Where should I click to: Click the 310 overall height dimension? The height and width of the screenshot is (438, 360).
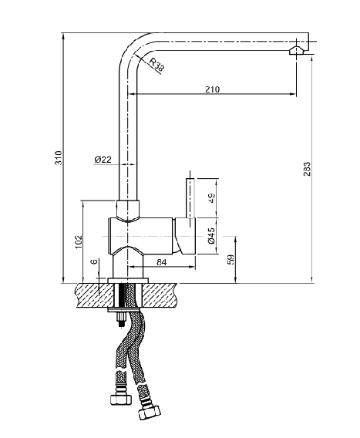coord(59,158)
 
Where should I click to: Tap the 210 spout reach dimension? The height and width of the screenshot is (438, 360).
coord(213,89)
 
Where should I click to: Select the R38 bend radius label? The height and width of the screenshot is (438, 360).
coord(156,65)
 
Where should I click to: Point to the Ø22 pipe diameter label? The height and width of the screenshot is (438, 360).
coord(103,160)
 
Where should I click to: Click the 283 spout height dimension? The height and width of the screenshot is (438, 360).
coord(307,169)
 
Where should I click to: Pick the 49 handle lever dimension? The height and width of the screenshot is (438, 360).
coord(212,197)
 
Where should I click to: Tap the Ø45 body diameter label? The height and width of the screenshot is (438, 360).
coord(212,236)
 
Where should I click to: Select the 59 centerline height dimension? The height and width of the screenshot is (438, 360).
coord(230,259)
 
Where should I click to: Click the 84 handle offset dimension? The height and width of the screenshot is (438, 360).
coord(162,262)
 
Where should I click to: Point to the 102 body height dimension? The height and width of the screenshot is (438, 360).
coord(79,242)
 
